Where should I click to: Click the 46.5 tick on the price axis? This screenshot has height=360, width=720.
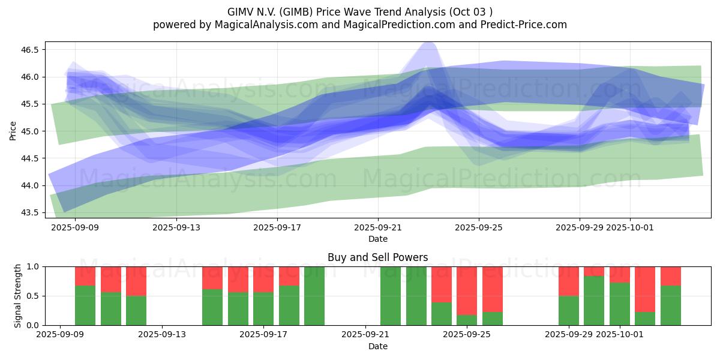coord(29,50)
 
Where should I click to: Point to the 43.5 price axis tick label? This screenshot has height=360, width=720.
coord(29,213)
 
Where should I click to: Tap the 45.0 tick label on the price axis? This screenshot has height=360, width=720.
coord(29,131)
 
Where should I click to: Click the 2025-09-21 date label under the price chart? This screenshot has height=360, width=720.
coord(378,227)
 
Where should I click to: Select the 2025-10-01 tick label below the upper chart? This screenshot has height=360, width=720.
coord(629,227)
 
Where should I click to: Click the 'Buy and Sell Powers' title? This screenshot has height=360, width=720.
coord(377,257)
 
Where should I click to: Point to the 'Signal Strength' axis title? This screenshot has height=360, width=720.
coord(18,296)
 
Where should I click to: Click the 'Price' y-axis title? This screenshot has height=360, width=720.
coord(13,131)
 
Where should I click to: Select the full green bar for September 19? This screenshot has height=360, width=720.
coord(314,296)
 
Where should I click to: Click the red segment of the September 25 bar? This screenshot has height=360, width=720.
coord(467,290)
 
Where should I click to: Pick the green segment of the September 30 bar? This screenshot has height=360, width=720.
coord(594,301)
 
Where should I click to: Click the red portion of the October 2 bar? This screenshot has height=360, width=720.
coord(645,289)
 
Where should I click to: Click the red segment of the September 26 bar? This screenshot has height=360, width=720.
coord(493,289)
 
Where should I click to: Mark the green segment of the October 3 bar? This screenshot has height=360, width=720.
coord(671,305)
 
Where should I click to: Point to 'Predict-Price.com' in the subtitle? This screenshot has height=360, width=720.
coord(526,25)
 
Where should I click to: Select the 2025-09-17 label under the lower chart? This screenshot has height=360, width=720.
coord(263,335)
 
